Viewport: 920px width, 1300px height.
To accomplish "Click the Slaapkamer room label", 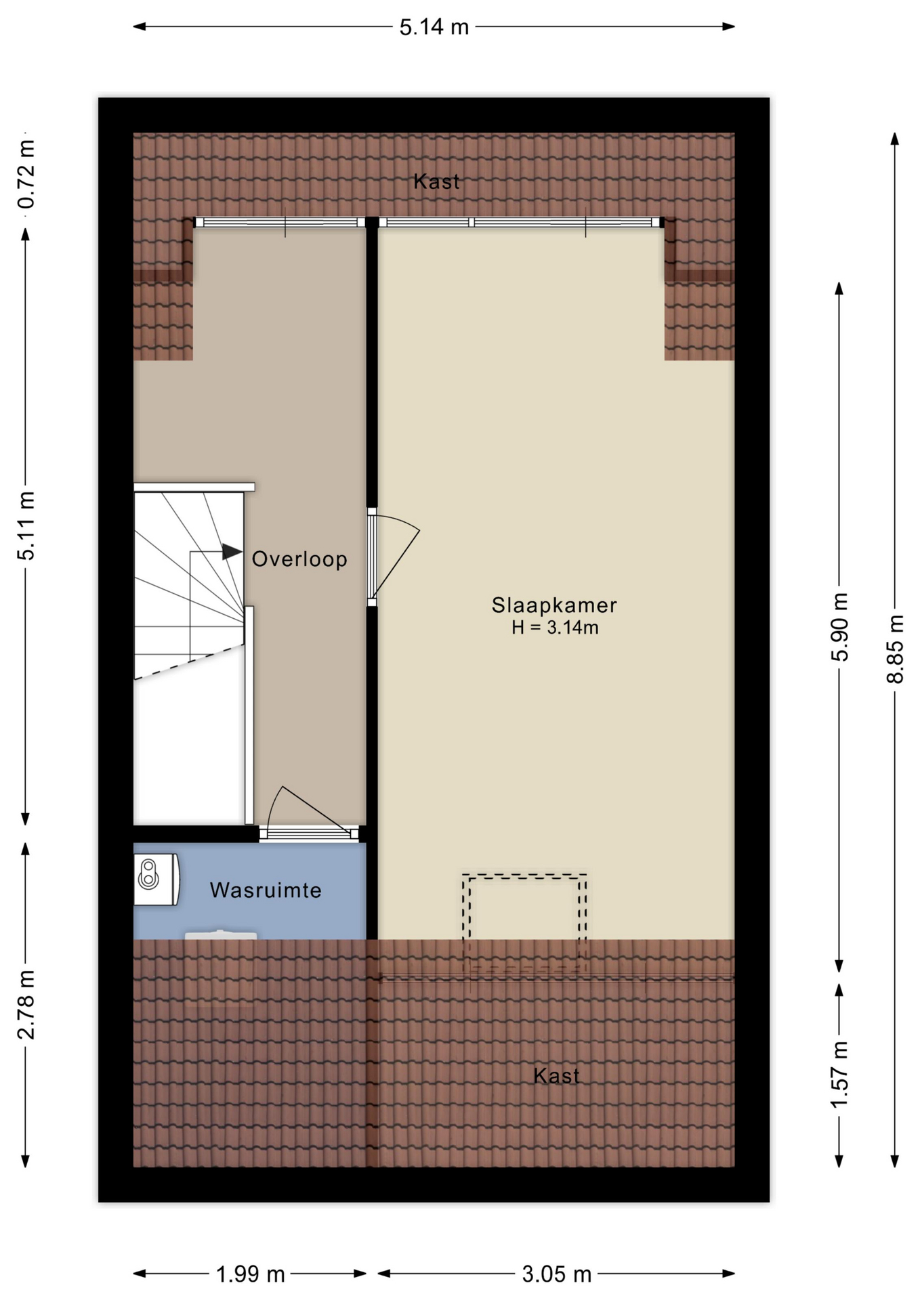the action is [554, 605].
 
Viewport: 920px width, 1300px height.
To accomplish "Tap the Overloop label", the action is [299, 559].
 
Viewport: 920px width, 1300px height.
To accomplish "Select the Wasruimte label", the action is [266, 890].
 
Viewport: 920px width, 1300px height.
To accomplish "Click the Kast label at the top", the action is [436, 181].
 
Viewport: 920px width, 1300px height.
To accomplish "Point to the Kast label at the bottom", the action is [556, 1076].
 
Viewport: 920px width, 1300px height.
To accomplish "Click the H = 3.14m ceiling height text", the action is [555, 628].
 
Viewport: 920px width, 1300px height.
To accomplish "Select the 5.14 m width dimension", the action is [434, 27].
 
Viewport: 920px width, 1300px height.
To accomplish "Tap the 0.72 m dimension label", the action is [26, 175].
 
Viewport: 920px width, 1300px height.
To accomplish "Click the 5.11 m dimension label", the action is [26, 525].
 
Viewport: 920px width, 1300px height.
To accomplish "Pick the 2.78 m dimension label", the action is [26, 1005].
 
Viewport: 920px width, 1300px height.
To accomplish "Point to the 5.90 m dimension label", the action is [839, 627].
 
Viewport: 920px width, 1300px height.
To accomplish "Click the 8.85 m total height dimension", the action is [895, 649].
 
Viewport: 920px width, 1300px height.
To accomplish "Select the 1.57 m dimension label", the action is [839, 1075].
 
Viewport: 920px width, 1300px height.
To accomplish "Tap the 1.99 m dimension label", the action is [251, 1274].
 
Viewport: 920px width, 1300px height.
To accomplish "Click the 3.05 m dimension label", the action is [557, 1274].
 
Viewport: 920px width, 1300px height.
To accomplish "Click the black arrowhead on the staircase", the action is [232, 552].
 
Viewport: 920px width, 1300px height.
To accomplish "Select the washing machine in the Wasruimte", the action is [156, 880].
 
